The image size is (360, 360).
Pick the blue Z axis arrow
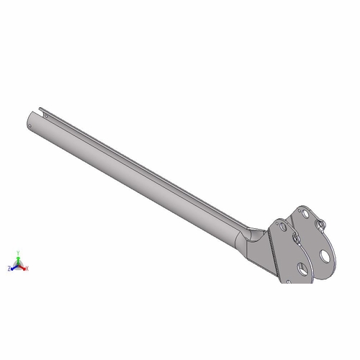(x=14, y=267)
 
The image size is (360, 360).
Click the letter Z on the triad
(x=9, y=269)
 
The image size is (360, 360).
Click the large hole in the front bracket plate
(x=302, y=269)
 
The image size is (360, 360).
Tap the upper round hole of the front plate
(x=283, y=228)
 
